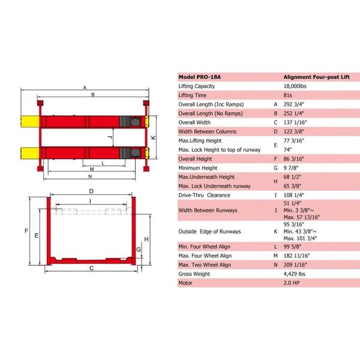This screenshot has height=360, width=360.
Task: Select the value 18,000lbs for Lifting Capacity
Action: click(x=298, y=86)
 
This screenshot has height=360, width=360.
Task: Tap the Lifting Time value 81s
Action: click(x=287, y=95)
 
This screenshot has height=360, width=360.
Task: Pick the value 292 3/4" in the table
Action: click(x=293, y=104)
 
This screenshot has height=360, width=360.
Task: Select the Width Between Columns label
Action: click(x=208, y=131)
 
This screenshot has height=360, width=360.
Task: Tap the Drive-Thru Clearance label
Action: click(x=205, y=195)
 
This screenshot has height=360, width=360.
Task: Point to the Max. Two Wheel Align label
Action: click(x=205, y=264)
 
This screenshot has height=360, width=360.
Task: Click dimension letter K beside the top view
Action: click(x=154, y=137)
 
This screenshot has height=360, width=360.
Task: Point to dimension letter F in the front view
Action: click(x=26, y=230)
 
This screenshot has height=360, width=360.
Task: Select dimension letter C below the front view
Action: click(x=92, y=268)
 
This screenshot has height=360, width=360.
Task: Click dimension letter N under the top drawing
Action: click(x=90, y=177)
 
